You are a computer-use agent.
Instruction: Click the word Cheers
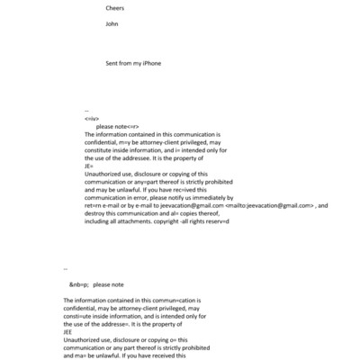tap(115, 8)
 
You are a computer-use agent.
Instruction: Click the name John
tap(112, 24)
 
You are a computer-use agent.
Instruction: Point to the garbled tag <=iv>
tap(91, 118)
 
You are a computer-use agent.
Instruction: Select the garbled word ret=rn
tap(94, 205)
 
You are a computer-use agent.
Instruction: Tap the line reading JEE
tap(68, 331)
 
